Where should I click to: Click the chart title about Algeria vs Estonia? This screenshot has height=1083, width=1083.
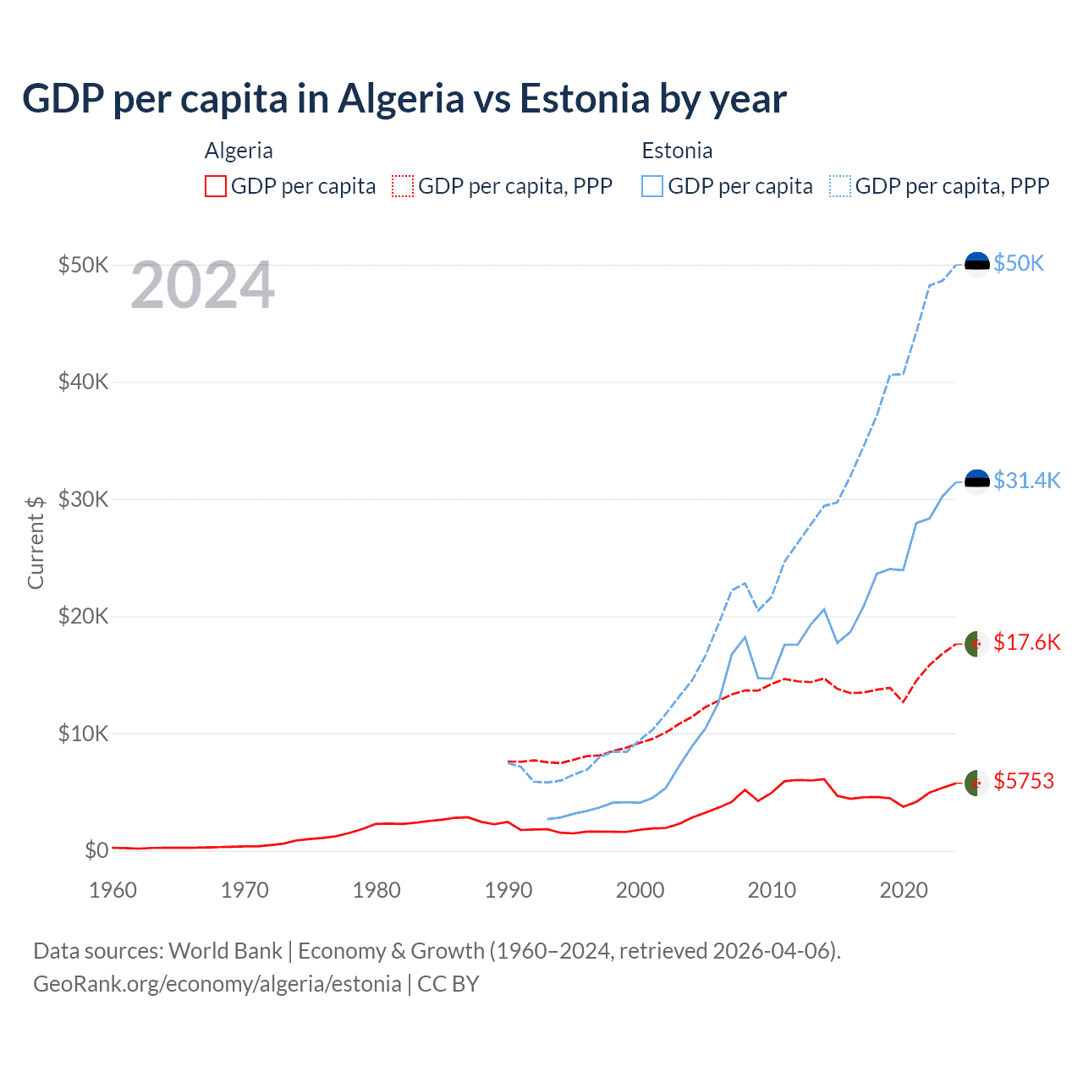tap(404, 99)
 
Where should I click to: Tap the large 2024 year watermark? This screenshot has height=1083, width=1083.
tap(202, 285)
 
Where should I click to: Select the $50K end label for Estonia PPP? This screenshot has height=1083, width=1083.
tap(1019, 263)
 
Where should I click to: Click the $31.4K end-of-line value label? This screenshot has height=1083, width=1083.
tap(1026, 481)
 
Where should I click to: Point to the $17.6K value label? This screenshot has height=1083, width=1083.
tap(1026, 642)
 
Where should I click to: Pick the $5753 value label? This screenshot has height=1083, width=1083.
tap(1024, 781)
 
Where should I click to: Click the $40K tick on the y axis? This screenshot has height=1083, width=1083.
tap(83, 382)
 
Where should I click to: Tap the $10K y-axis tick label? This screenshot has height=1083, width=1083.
tap(83, 734)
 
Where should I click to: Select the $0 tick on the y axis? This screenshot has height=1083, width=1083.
tap(96, 850)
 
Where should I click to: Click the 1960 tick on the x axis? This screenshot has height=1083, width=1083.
tap(113, 890)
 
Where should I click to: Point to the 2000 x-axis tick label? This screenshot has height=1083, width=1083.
tap(640, 890)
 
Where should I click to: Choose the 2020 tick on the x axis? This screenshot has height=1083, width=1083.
tap(904, 890)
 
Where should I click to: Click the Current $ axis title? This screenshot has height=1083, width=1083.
tap(36, 542)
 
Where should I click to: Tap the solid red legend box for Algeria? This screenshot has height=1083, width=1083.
tap(216, 186)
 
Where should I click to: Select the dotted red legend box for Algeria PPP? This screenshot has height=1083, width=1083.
tap(403, 186)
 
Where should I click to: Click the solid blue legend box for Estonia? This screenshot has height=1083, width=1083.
tap(652, 186)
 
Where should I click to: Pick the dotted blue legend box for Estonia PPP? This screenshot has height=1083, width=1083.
tap(840, 186)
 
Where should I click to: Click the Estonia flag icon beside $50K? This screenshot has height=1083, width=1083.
tap(977, 264)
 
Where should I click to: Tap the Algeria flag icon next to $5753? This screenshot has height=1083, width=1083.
tap(977, 783)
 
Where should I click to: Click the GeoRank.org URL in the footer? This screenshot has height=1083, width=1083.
tap(217, 984)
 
